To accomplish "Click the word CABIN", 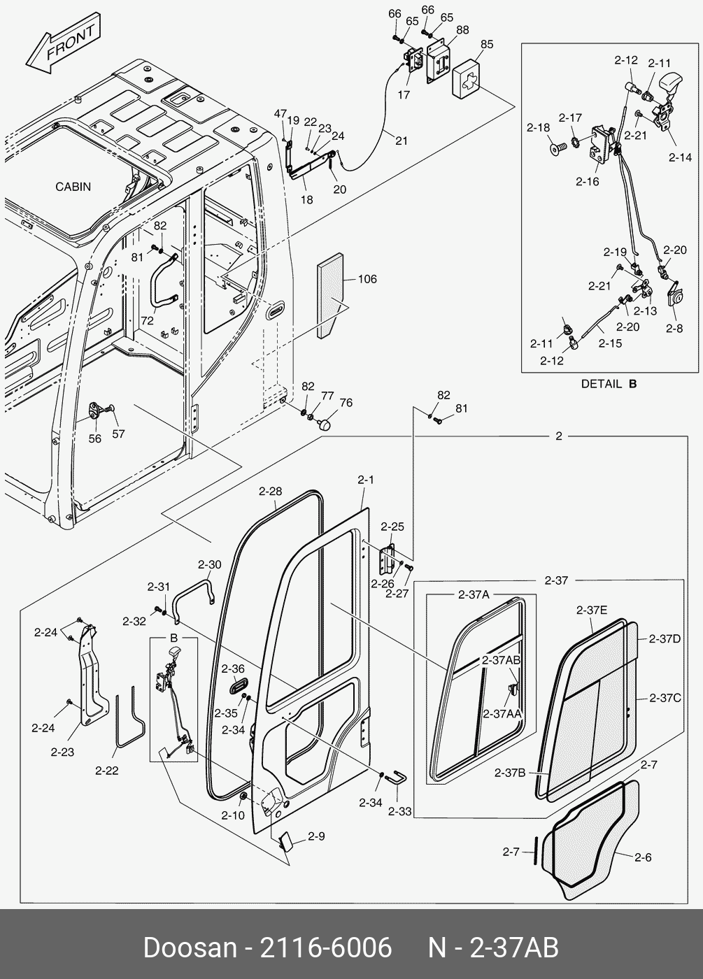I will [73, 187].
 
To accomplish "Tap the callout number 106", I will [367, 279].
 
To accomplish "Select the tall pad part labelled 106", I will [331, 294].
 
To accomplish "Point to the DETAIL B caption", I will [609, 384].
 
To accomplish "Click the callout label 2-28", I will [270, 491].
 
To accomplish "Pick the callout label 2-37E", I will [592, 610].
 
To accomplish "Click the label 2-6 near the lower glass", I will [643, 857].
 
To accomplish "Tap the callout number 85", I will [486, 44].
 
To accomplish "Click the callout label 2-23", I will [62, 752].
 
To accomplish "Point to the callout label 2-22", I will [106, 771].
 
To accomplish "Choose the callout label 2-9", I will [316, 836].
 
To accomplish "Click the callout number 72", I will [147, 320].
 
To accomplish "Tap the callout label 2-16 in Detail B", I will [588, 181].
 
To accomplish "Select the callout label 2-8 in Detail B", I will [674, 328].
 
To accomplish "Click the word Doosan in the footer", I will [190, 948].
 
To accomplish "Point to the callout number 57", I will [118, 434].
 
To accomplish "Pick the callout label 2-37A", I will [474, 594].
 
